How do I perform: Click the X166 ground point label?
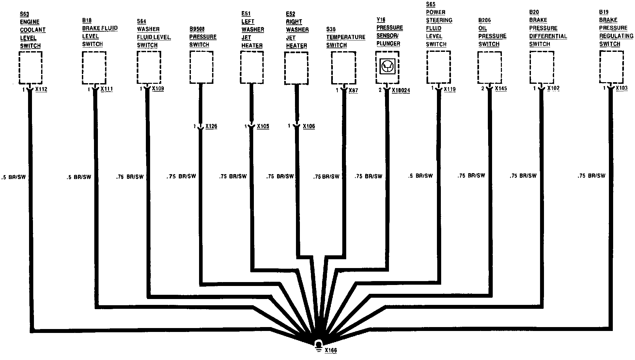(x=331, y=350)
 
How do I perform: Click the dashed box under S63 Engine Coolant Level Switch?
(x=30, y=67)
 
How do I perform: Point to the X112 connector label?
(x=41, y=89)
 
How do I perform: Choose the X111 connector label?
(x=107, y=89)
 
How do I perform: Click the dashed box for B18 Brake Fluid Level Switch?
(x=94, y=67)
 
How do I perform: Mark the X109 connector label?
(x=158, y=88)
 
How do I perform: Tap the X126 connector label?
(x=211, y=126)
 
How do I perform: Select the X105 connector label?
(x=263, y=126)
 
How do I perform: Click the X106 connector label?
(x=309, y=126)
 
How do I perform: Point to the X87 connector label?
(x=353, y=90)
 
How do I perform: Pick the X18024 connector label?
(x=401, y=90)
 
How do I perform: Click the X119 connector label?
(x=450, y=89)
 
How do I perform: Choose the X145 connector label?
(x=501, y=88)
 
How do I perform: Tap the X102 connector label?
(x=553, y=88)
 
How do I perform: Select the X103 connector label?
(x=622, y=88)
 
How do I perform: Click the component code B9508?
(x=197, y=29)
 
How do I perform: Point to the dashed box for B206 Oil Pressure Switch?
(x=489, y=67)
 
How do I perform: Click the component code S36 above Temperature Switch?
(x=331, y=29)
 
